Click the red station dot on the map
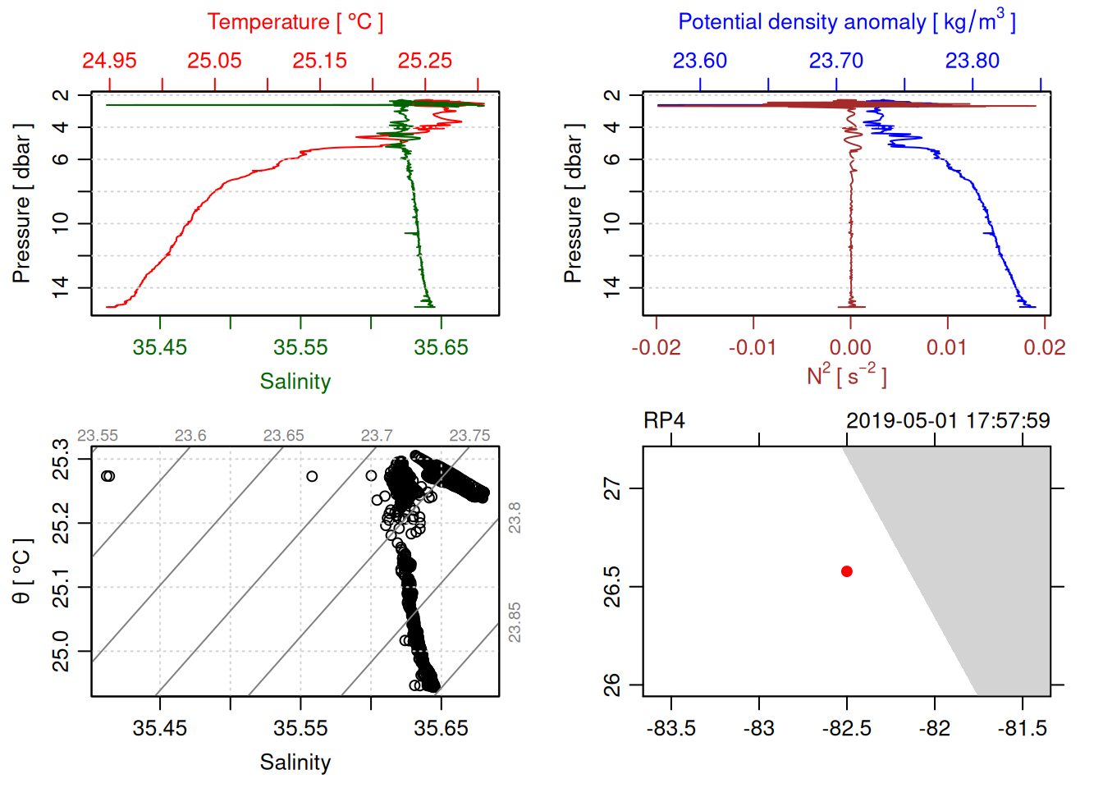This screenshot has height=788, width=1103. point(847,571)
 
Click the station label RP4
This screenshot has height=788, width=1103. point(664,421)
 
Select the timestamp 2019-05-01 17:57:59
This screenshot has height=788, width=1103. point(948,421)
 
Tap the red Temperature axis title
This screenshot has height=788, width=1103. point(295,22)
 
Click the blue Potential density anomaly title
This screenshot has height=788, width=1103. point(846,22)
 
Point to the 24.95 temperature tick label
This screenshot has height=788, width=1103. point(109,61)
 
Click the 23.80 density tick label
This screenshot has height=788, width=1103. point(973,61)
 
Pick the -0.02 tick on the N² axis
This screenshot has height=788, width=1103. point(657,347)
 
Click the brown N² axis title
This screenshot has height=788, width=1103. point(846,376)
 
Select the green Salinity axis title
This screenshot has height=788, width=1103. point(295,382)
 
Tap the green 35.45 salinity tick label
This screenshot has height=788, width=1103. point(160,347)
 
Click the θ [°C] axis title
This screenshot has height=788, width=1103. point(22,571)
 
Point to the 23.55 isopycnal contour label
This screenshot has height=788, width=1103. point(98,436)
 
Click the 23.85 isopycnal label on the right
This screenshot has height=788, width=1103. point(515,622)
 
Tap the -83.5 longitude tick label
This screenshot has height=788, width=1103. point(671,728)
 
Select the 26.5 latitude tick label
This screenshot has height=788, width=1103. point(612,586)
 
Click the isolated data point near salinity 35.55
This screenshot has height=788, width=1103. point(312,476)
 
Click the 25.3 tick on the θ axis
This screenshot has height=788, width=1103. point(61,459)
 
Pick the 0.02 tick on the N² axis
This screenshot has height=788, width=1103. point(1045,347)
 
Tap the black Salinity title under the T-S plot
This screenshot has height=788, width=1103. point(295,763)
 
